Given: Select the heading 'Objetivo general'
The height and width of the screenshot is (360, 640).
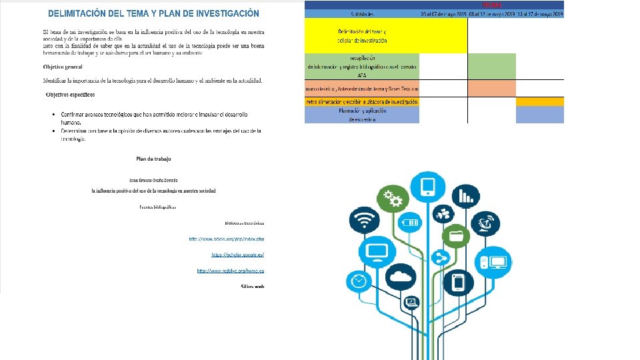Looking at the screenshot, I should [x=65, y=67].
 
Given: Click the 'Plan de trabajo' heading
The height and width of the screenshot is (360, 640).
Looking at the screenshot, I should [x=153, y=159].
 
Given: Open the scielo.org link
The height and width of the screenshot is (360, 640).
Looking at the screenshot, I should [x=227, y=238].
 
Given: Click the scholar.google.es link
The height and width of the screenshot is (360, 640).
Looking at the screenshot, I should [x=238, y=255].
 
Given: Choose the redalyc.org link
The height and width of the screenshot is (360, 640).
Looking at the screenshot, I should [x=231, y=270].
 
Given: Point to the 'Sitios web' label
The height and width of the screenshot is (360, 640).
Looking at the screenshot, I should [x=253, y=286].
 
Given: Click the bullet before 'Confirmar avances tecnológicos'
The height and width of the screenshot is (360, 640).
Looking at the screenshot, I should [x=53, y=114].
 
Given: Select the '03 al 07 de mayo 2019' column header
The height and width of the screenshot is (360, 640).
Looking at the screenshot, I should [x=443, y=13].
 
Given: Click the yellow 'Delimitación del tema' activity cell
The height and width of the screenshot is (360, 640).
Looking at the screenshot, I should [x=362, y=36].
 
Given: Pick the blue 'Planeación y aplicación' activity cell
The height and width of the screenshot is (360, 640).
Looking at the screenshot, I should [x=362, y=115].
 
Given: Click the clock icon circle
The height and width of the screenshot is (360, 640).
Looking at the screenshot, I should [x=359, y=281].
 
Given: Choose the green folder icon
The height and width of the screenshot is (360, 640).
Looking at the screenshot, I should [x=457, y=235].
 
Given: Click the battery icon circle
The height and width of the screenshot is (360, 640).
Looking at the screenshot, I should [x=411, y=222].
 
